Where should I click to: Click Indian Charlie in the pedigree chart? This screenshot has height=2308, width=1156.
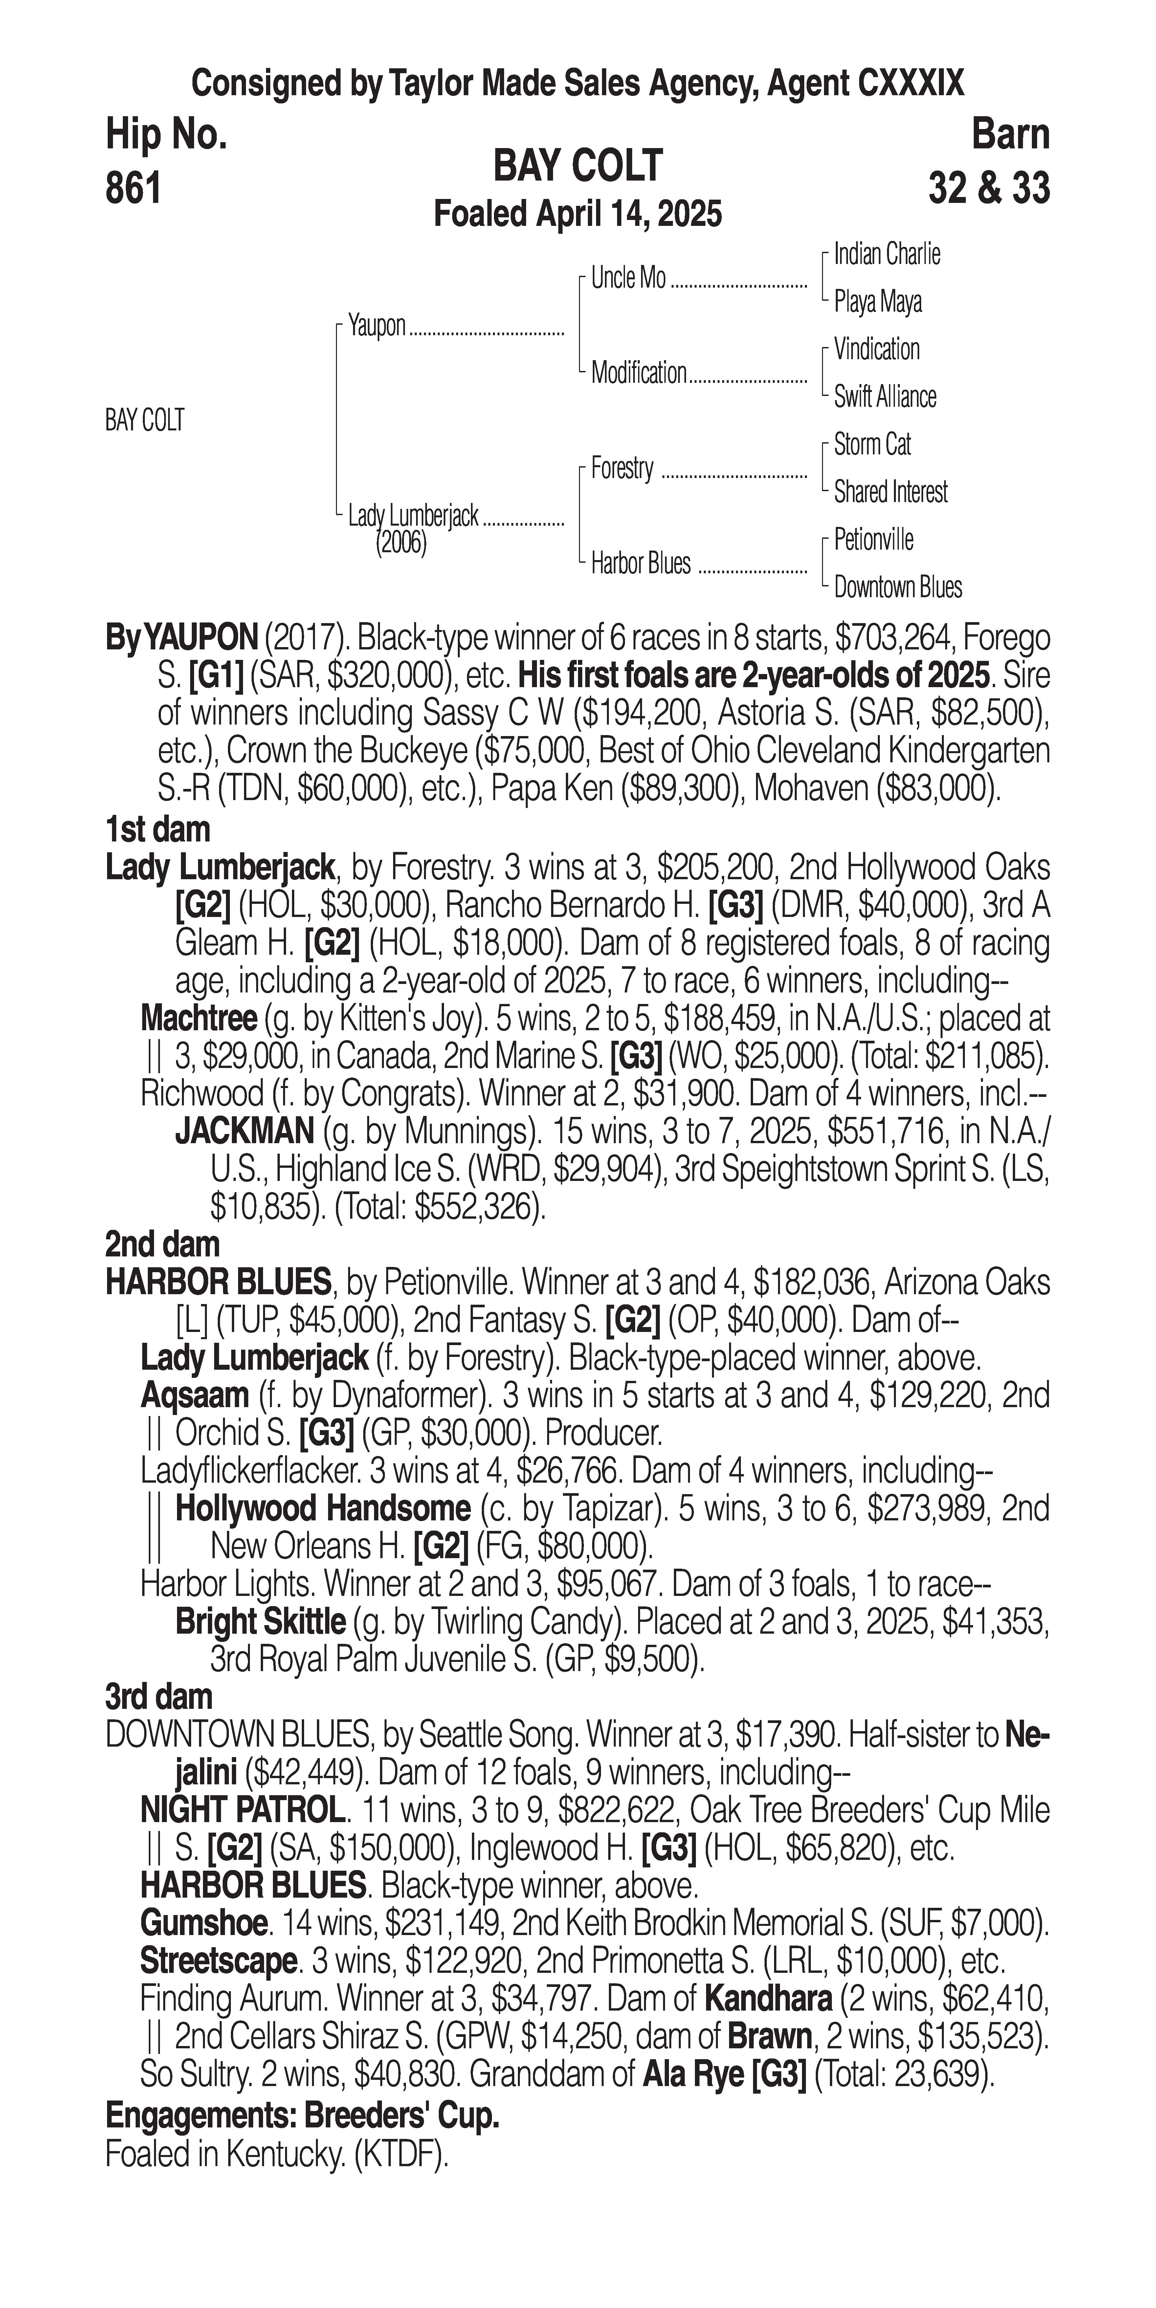886,254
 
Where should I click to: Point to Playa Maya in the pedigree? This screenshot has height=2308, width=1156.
877,302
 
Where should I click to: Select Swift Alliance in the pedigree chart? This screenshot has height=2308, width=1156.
884,397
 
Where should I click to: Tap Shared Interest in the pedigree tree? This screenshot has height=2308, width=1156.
890,492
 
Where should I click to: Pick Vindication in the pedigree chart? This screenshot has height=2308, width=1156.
877,349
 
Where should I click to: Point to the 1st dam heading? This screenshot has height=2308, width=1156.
158,829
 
